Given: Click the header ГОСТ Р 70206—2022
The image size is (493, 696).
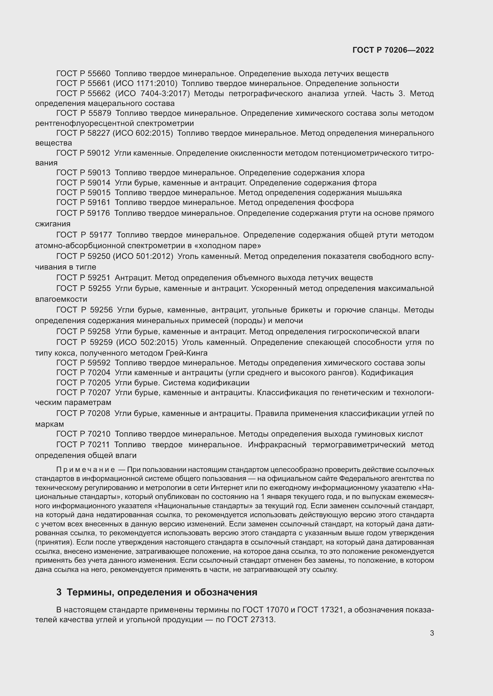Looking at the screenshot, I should (x=393, y=50).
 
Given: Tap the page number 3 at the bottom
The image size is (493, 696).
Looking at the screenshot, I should (x=432, y=633).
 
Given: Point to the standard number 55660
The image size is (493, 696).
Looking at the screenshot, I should (x=99, y=74).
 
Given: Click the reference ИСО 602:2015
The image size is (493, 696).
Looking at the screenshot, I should (x=143, y=133).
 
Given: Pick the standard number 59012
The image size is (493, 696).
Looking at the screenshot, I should (x=99, y=153).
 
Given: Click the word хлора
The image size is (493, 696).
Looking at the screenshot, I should (x=354, y=173).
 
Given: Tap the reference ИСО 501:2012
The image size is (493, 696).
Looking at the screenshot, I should (x=143, y=256).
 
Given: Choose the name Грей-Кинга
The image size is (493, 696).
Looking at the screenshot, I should (x=187, y=353).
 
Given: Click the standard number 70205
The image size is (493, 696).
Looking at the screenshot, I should (x=99, y=383).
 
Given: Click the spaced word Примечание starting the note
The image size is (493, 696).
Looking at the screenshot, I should (x=85, y=470).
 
